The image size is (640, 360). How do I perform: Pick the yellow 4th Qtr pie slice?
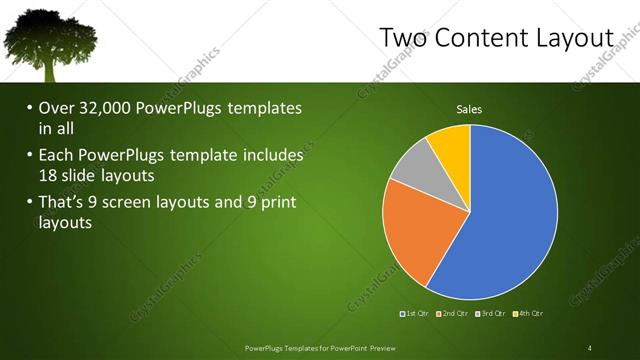tap(451, 144)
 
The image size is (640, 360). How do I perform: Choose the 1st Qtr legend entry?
tap(416, 314)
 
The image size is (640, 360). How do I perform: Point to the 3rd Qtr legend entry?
tap(491, 314)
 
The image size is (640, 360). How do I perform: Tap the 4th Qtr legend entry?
tap(528, 314)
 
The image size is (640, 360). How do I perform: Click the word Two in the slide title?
tap(405, 37)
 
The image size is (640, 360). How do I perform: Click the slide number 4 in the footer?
tap(589, 347)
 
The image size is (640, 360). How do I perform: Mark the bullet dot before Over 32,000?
tap(29, 108)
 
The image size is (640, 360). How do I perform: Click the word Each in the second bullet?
tap(58, 155)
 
